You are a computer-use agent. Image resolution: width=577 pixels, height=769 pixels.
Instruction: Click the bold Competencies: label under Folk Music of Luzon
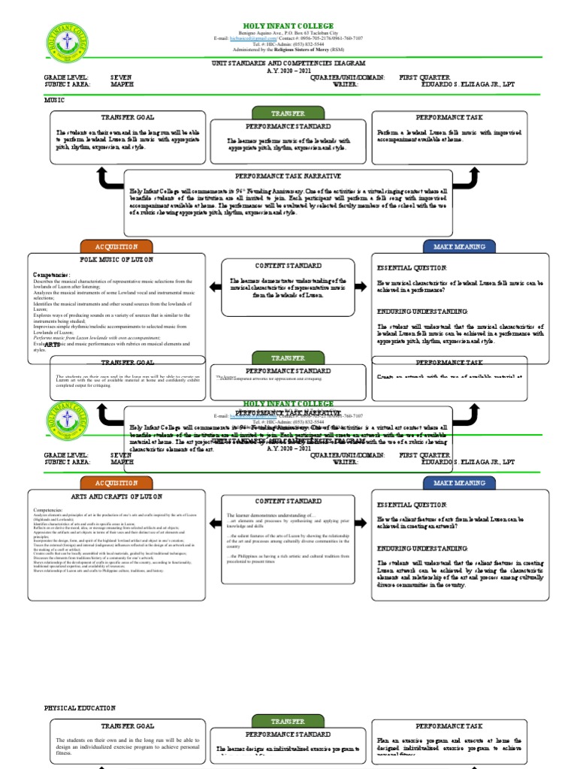(x=52, y=275)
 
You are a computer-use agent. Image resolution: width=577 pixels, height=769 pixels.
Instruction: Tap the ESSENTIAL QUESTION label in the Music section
(x=412, y=267)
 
